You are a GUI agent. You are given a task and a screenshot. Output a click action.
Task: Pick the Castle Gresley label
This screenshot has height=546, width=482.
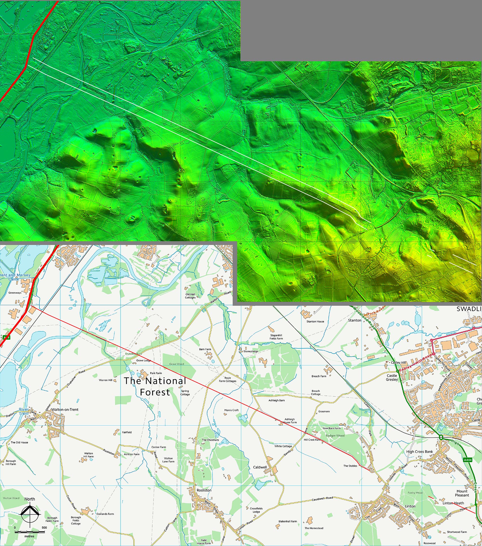[x=392, y=377]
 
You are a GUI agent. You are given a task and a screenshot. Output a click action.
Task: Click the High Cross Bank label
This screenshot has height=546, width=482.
[x=419, y=451]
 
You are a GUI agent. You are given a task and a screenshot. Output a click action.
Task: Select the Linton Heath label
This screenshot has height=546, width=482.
[x=453, y=503]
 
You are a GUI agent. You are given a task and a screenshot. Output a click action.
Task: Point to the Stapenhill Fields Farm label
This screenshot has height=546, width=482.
[x=276, y=337]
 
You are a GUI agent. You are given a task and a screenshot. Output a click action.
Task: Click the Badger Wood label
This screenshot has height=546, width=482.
[x=335, y=435]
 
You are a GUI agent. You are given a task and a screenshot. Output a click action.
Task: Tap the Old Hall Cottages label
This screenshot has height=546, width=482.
[x=190, y=296]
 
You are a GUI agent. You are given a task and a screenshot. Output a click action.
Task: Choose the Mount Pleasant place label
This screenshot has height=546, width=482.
[x=462, y=493]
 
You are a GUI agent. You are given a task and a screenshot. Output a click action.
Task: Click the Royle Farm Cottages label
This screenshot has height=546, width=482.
[x=228, y=379]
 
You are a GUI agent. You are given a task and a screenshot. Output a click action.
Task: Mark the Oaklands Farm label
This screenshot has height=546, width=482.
[x=105, y=514]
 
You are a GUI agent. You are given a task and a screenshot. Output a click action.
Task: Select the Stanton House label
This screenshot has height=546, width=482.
[x=315, y=321]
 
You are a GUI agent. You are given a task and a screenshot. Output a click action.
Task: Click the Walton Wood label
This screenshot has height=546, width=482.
[x=11, y=498]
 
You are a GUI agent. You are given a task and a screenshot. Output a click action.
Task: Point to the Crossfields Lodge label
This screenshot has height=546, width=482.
[x=256, y=510]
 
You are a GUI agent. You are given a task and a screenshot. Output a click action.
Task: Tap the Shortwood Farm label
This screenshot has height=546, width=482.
[x=457, y=532]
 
